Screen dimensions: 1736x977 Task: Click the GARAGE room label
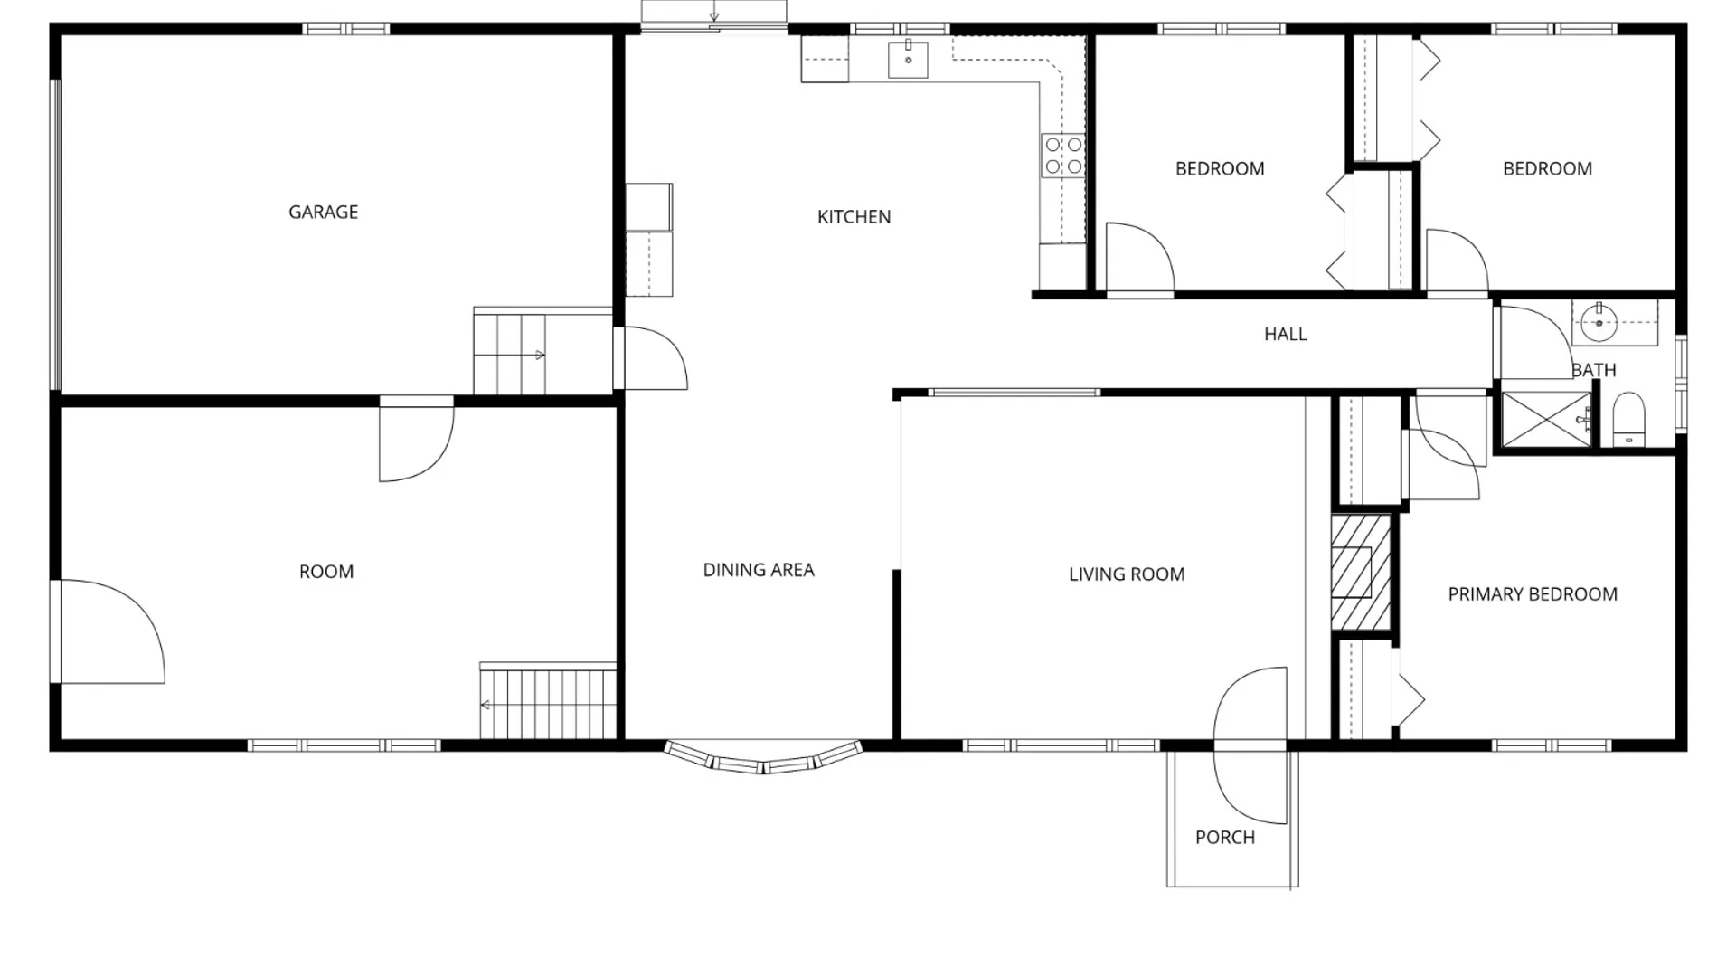click(323, 212)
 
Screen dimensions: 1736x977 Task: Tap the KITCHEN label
click(854, 216)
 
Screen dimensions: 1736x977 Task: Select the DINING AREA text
click(759, 570)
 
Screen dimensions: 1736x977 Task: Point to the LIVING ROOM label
click(1127, 574)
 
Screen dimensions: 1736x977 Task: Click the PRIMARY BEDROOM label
click(1533, 594)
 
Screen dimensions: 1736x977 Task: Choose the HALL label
click(1285, 334)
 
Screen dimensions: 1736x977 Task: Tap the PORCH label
click(1225, 838)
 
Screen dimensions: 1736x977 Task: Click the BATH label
click(1593, 370)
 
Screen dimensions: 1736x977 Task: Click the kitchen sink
click(908, 60)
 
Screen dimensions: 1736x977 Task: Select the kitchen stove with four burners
click(1063, 156)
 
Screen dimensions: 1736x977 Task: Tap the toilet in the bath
click(1629, 420)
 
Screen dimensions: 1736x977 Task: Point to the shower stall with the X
click(1546, 420)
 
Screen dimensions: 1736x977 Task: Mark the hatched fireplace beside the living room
click(1361, 573)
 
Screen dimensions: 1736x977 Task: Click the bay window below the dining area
click(763, 758)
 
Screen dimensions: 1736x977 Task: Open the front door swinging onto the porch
click(1250, 745)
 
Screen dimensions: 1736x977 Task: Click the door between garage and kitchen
click(651, 358)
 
